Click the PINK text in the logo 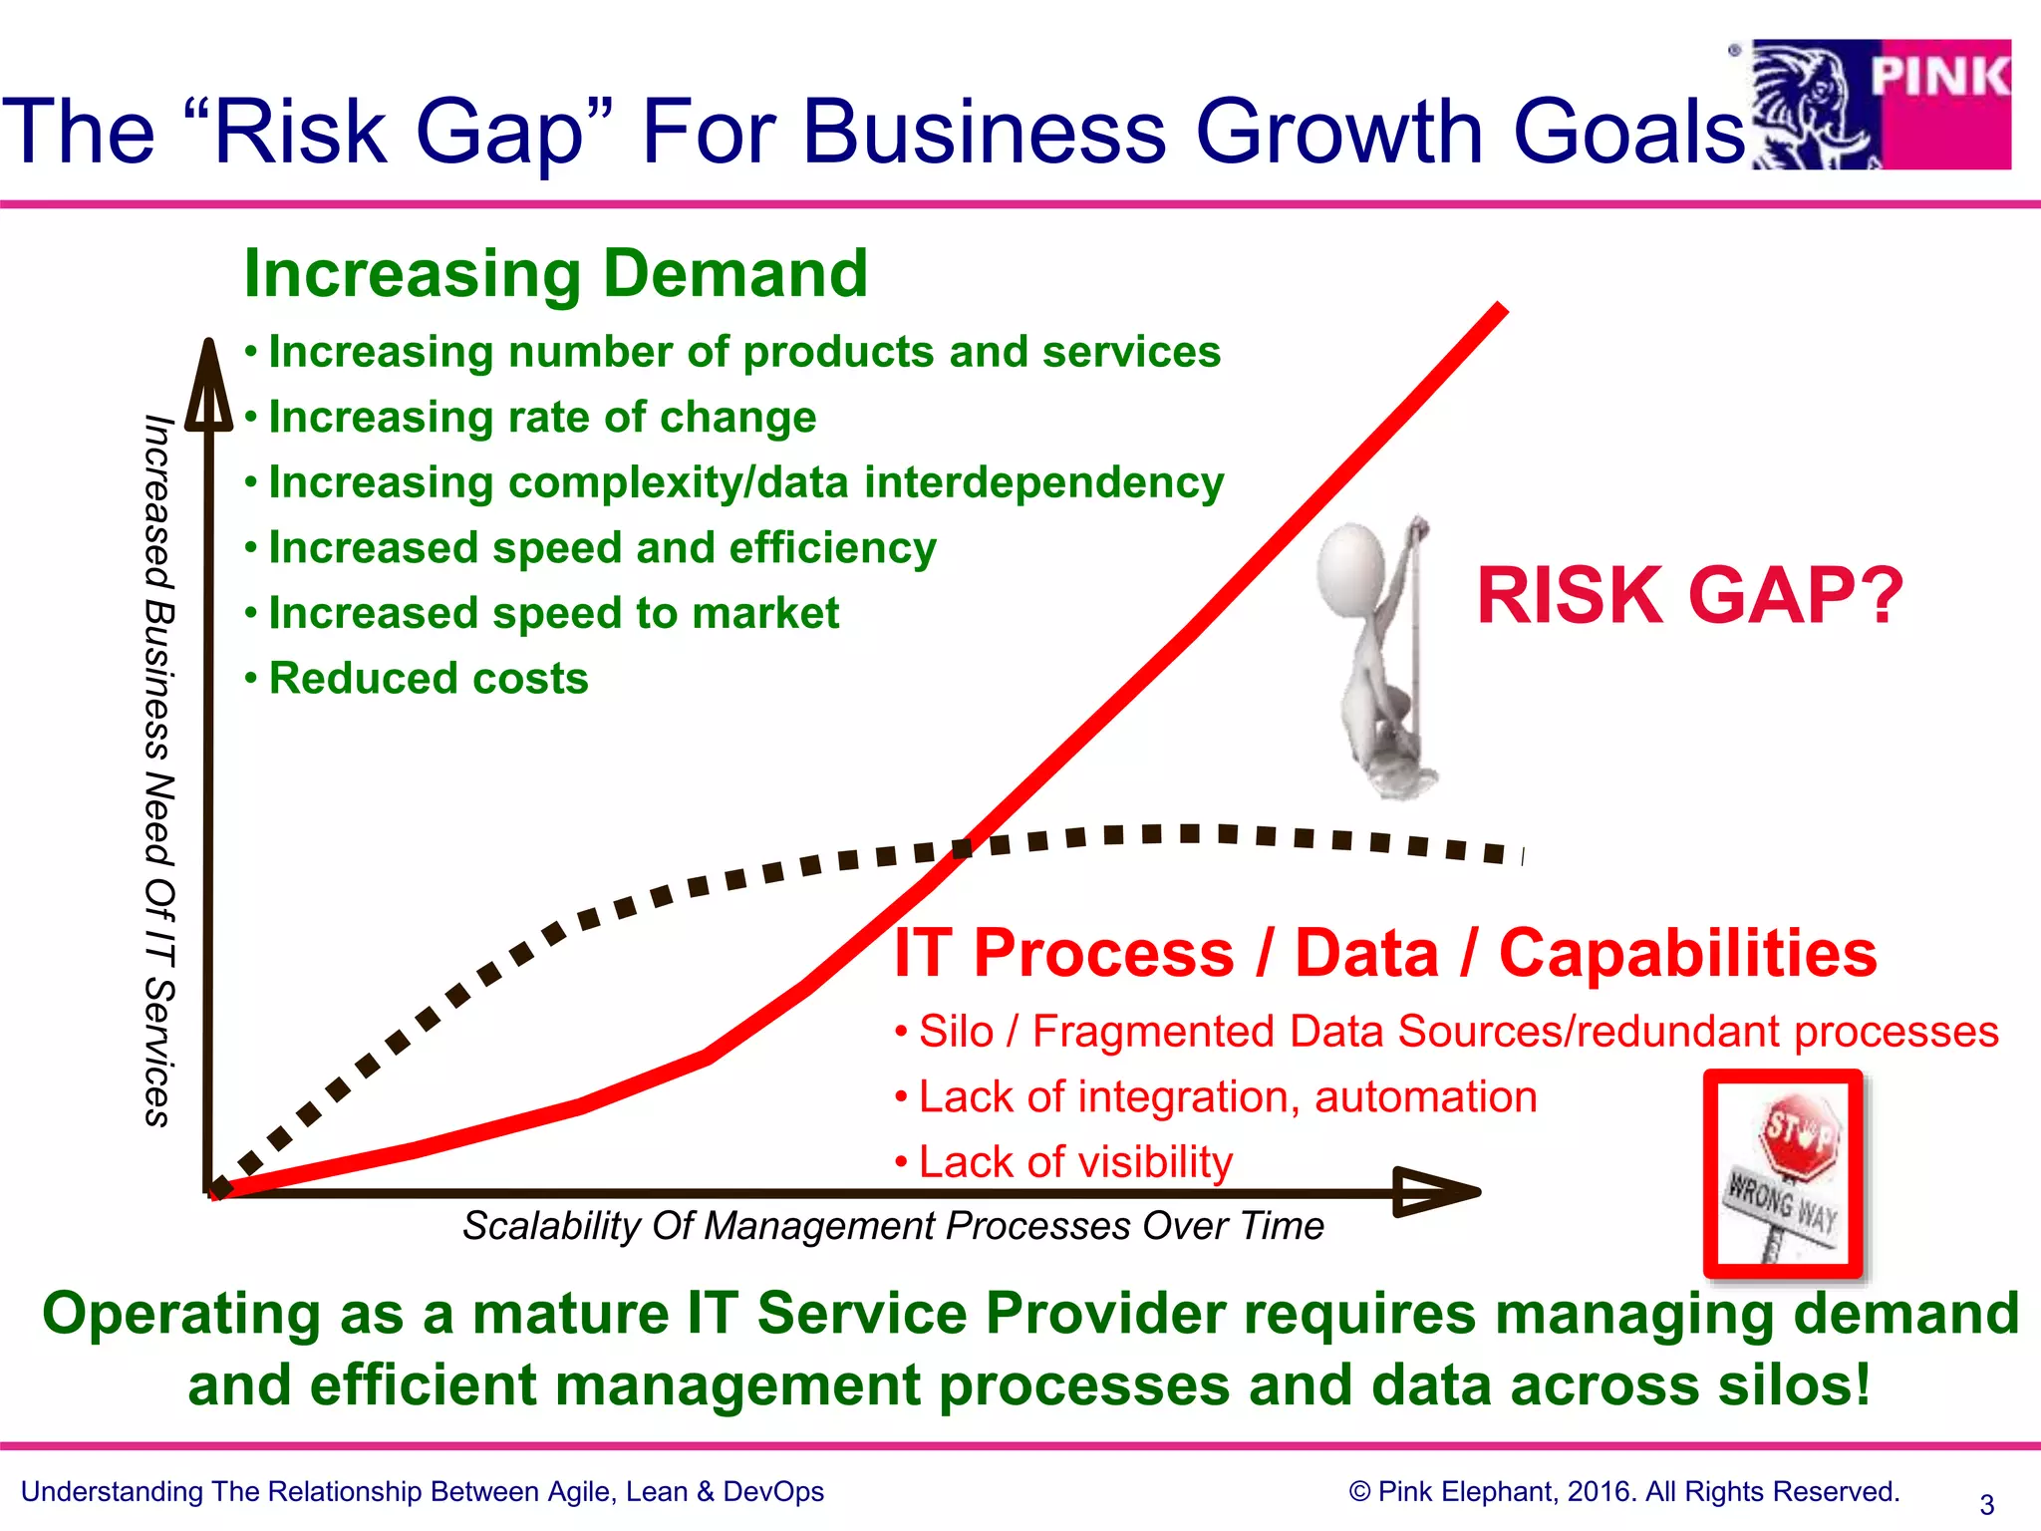(x=1939, y=78)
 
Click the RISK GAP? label (x=1689, y=596)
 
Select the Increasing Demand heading (x=556, y=273)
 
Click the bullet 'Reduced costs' (x=429, y=679)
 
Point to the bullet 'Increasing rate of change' (x=542, y=417)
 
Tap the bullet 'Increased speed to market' (x=554, y=613)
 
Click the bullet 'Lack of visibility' (x=1075, y=1162)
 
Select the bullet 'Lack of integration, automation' (x=1227, y=1097)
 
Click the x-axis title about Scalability (x=893, y=1226)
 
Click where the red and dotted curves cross (x=963, y=848)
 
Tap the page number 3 (x=1986, y=1504)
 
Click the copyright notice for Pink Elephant (x=1623, y=1492)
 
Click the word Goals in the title (x=1628, y=132)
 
